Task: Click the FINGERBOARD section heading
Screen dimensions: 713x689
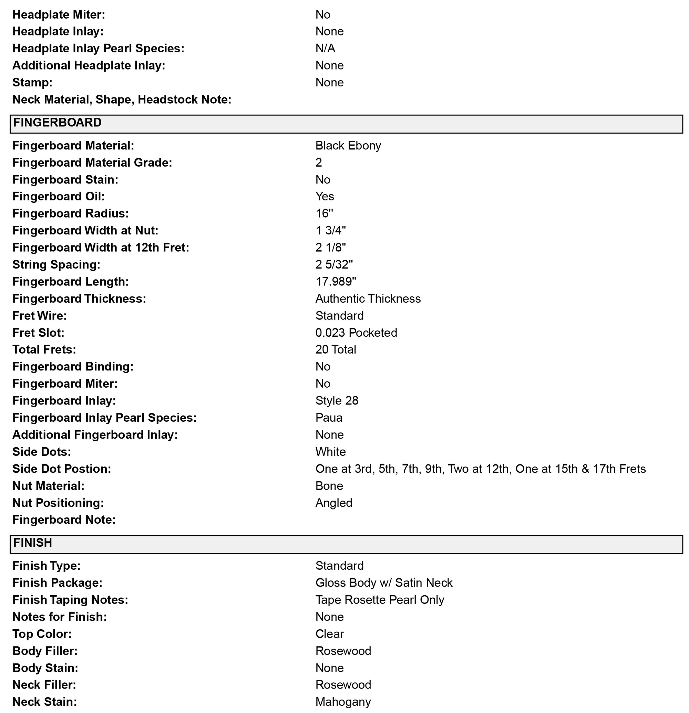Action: pyautogui.click(x=58, y=123)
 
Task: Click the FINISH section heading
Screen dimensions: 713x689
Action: pyautogui.click(x=33, y=543)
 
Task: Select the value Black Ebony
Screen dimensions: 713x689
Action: pyautogui.click(x=348, y=146)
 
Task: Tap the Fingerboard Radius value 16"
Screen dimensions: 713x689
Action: pyautogui.click(x=324, y=213)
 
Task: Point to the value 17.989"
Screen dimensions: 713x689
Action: pyautogui.click(x=336, y=282)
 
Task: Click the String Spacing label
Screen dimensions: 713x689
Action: pyautogui.click(x=56, y=264)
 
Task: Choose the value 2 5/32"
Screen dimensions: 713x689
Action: pyautogui.click(x=334, y=264)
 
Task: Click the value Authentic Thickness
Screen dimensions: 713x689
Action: pyautogui.click(x=368, y=298)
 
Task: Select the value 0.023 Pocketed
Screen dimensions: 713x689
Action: pyautogui.click(x=356, y=333)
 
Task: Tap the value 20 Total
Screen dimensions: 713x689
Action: pyautogui.click(x=336, y=349)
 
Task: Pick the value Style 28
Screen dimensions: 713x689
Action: pyautogui.click(x=337, y=400)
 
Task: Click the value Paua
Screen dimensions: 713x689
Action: pyautogui.click(x=329, y=418)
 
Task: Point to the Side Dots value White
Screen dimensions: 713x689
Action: pyautogui.click(x=330, y=452)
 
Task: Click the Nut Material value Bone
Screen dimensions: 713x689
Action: pyautogui.click(x=329, y=486)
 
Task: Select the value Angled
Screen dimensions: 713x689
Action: pyautogui.click(x=334, y=503)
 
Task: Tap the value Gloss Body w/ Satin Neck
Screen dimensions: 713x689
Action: pyautogui.click(x=384, y=583)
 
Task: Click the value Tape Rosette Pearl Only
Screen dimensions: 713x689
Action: pyautogui.click(x=380, y=600)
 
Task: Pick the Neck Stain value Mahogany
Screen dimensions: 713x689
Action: pyautogui.click(x=343, y=702)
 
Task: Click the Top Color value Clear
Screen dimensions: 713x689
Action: pyautogui.click(x=329, y=634)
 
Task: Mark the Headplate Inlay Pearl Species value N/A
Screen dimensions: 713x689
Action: pyautogui.click(x=325, y=49)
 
